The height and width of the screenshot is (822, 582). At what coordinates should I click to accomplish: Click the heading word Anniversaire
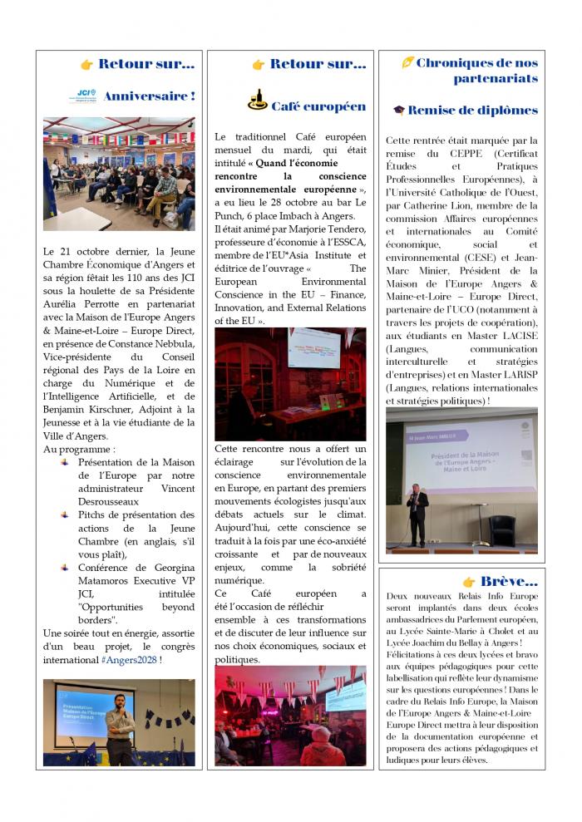point(145,96)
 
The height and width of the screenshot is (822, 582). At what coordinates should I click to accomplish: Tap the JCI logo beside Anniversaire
point(86,96)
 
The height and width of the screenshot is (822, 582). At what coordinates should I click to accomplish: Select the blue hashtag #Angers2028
point(129,659)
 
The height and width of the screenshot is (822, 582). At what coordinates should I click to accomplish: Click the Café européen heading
point(318,106)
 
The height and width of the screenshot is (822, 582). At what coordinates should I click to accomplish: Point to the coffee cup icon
point(257,101)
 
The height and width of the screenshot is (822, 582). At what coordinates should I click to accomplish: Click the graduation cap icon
point(399,110)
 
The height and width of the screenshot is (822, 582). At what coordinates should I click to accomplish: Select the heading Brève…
point(509,582)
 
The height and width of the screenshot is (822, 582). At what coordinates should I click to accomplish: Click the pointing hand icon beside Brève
point(469,582)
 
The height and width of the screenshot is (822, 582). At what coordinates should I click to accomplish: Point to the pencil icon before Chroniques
point(407,62)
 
